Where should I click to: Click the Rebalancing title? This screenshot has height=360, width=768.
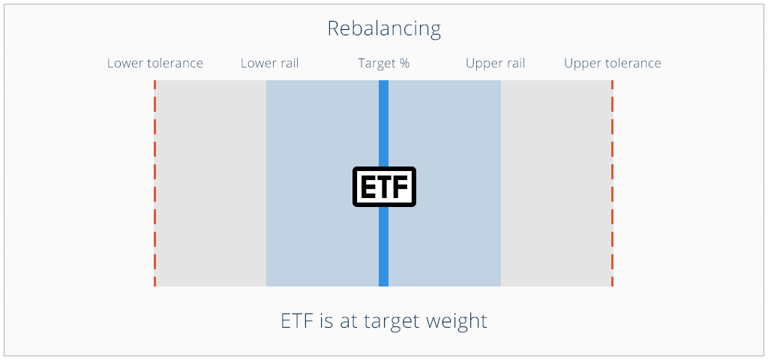tap(384, 29)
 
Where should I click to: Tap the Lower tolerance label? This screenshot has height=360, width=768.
tap(155, 63)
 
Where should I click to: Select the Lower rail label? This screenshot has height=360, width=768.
tap(270, 63)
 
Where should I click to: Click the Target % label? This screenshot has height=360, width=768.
tap(383, 64)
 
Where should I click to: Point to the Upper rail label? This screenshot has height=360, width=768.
tap(496, 64)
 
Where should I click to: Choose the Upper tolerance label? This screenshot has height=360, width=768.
tap(613, 64)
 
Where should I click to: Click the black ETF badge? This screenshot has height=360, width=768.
tap(384, 187)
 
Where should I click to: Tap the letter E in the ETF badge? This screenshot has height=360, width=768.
tap(367, 187)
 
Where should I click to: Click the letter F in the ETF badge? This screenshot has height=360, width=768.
tap(401, 187)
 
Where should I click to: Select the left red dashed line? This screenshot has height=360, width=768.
tap(154, 183)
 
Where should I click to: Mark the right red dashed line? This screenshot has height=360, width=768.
tap(612, 183)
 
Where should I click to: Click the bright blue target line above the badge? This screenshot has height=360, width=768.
tap(383, 124)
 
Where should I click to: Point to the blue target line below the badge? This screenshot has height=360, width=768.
tap(383, 246)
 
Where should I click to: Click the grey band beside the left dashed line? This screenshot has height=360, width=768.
tap(211, 183)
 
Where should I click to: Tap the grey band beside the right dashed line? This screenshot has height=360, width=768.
tap(556, 183)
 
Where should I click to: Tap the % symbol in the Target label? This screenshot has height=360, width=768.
tap(404, 64)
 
